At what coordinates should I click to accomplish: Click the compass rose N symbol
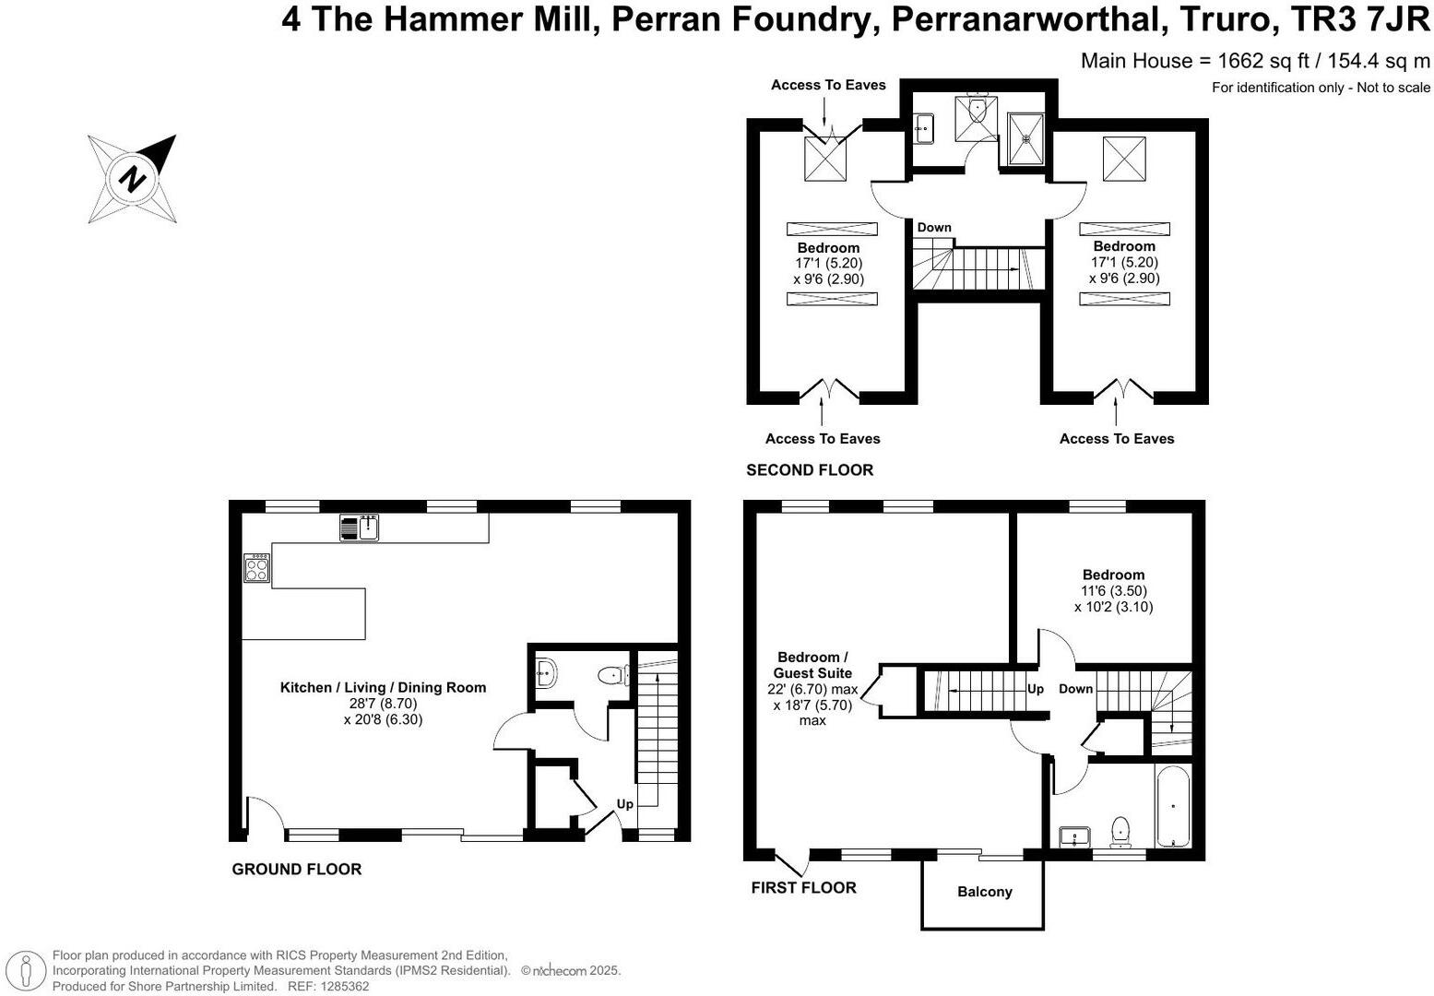click(132, 179)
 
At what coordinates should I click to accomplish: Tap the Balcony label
click(985, 892)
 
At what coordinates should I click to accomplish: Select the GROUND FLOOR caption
click(296, 870)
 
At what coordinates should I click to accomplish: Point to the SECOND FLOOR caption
click(810, 469)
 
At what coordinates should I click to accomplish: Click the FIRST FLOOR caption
click(803, 888)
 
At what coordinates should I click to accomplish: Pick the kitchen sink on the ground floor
click(360, 528)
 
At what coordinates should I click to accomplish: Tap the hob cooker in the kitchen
click(256, 568)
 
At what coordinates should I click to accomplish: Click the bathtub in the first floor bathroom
click(1173, 807)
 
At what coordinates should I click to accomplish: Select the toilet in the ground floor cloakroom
click(614, 675)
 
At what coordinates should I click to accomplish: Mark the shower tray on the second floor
click(1025, 139)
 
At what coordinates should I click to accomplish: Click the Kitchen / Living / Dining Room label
click(383, 687)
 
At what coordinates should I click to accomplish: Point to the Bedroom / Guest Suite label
click(812, 665)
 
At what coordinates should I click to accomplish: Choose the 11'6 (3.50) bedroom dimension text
click(1114, 591)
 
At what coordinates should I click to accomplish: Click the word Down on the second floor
click(934, 227)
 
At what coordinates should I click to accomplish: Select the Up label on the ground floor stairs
click(625, 804)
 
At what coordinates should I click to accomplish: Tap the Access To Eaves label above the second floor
click(828, 85)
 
